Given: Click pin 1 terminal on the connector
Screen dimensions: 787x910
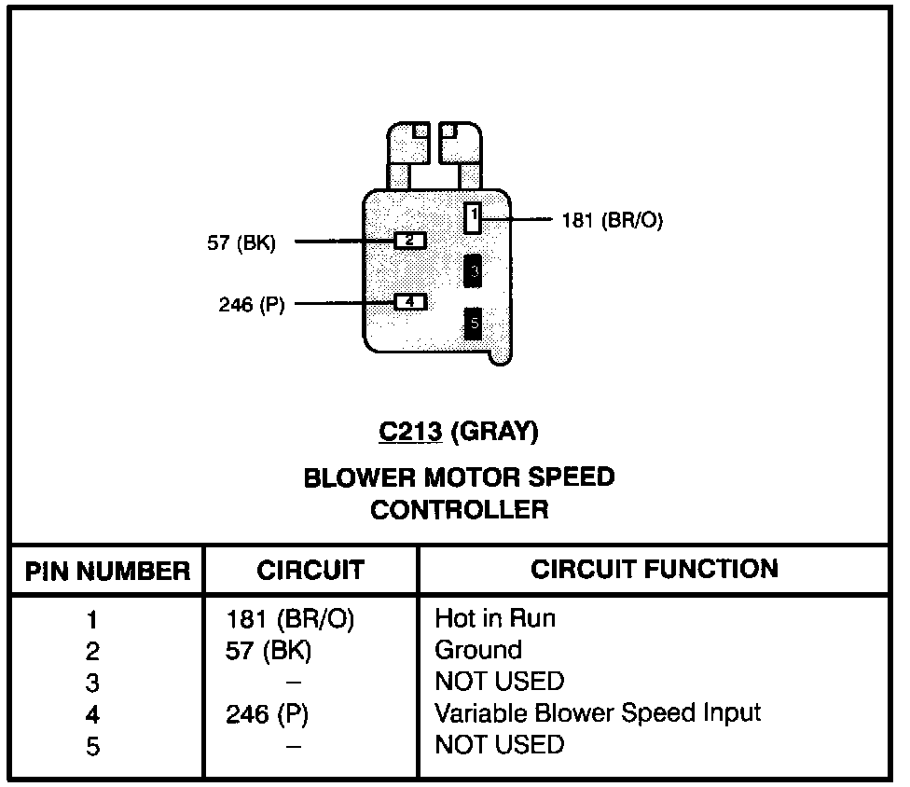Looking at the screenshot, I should pyautogui.click(x=474, y=218).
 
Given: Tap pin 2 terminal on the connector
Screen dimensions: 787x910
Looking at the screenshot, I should pyautogui.click(x=409, y=241).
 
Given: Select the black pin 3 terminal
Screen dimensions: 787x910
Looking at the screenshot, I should pyautogui.click(x=474, y=270).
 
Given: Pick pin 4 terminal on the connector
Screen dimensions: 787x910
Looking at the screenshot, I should pyautogui.click(x=409, y=302).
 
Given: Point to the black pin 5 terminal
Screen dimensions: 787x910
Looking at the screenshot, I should pyautogui.click(x=474, y=324).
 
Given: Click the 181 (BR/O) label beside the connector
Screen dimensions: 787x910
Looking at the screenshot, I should pyautogui.click(x=612, y=221).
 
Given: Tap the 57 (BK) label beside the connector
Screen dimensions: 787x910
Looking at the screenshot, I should pyautogui.click(x=241, y=244).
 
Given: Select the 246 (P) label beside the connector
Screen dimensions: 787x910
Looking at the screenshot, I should pyautogui.click(x=251, y=305).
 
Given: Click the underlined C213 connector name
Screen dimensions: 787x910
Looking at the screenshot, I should pyautogui.click(x=411, y=432).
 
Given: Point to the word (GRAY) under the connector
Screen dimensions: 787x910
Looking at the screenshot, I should pyautogui.click(x=495, y=432).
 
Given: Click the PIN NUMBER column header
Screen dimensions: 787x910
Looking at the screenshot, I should pyautogui.click(x=107, y=571).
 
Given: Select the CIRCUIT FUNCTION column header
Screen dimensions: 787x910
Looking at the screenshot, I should pyautogui.click(x=655, y=569).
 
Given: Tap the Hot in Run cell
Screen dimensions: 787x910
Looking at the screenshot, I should pyautogui.click(x=495, y=618).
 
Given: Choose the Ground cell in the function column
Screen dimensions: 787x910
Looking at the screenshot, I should pyautogui.click(x=478, y=650).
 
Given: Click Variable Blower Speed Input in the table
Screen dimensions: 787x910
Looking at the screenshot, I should pyautogui.click(x=598, y=713).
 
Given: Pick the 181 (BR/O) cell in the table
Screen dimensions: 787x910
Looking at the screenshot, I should pyautogui.click(x=290, y=619).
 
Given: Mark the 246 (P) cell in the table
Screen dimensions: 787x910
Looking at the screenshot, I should pyautogui.click(x=268, y=714).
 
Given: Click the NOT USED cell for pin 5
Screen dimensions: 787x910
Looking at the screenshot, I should pyautogui.click(x=500, y=745).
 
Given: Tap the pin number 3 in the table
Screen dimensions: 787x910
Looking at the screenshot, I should pyautogui.click(x=92, y=683).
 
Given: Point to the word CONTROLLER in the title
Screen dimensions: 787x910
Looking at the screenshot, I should pyautogui.click(x=460, y=510).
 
